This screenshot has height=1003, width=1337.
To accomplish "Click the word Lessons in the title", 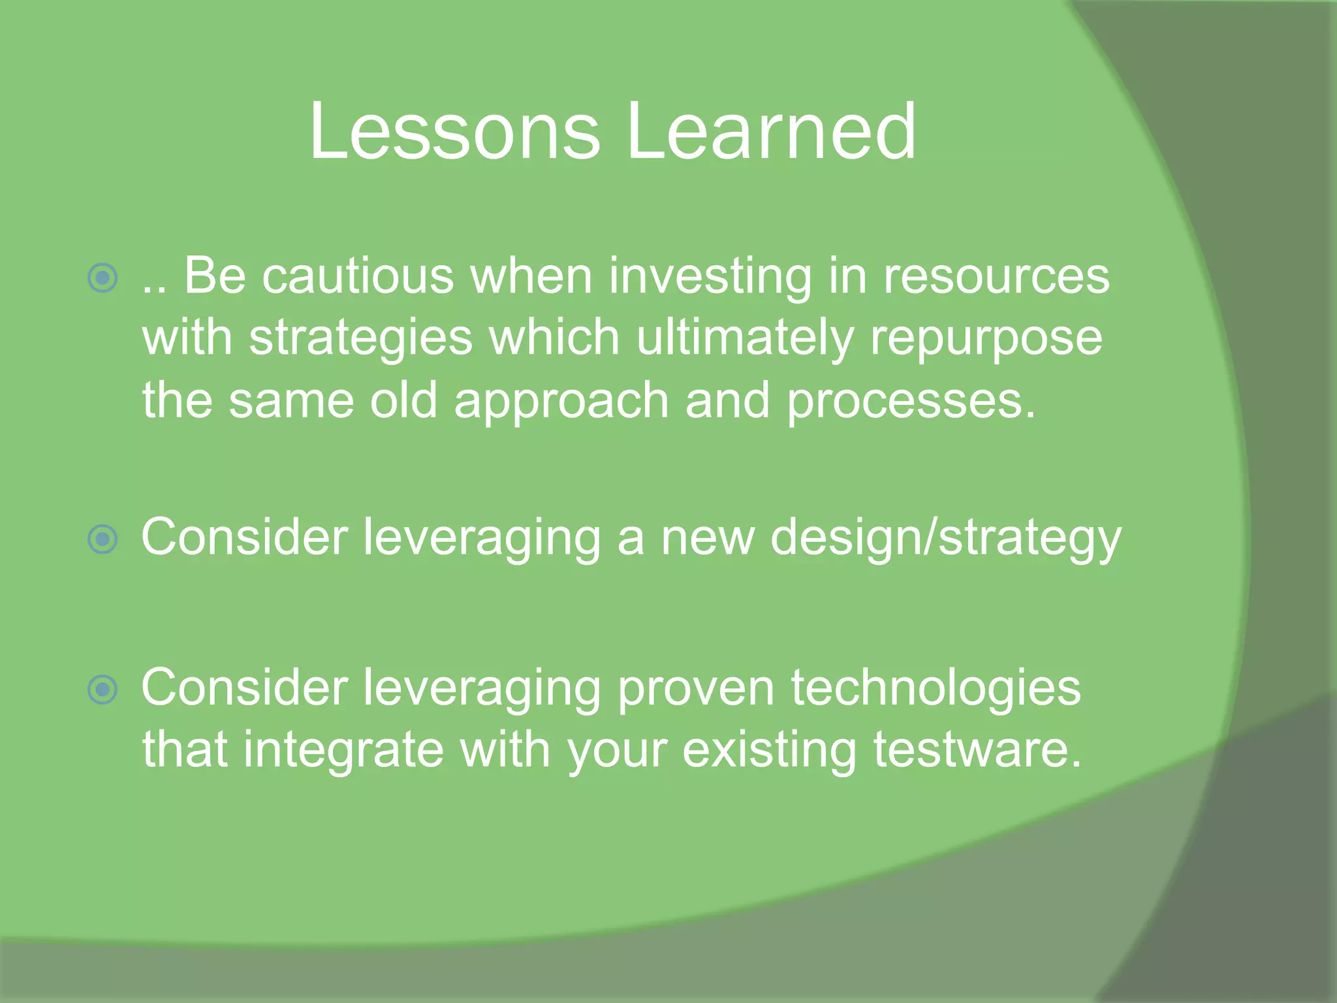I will [454, 132].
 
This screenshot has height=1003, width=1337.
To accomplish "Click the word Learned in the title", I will [771, 132].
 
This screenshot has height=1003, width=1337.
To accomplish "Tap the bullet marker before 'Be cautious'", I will [102, 278].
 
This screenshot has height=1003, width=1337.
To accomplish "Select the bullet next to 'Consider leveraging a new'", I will [102, 539].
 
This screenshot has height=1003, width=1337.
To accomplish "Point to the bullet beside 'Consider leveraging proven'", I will [102, 690].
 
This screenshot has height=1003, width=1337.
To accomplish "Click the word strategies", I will [360, 340].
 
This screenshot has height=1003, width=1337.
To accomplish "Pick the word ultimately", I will [744, 340].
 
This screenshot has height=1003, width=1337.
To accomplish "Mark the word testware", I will [977, 750].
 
